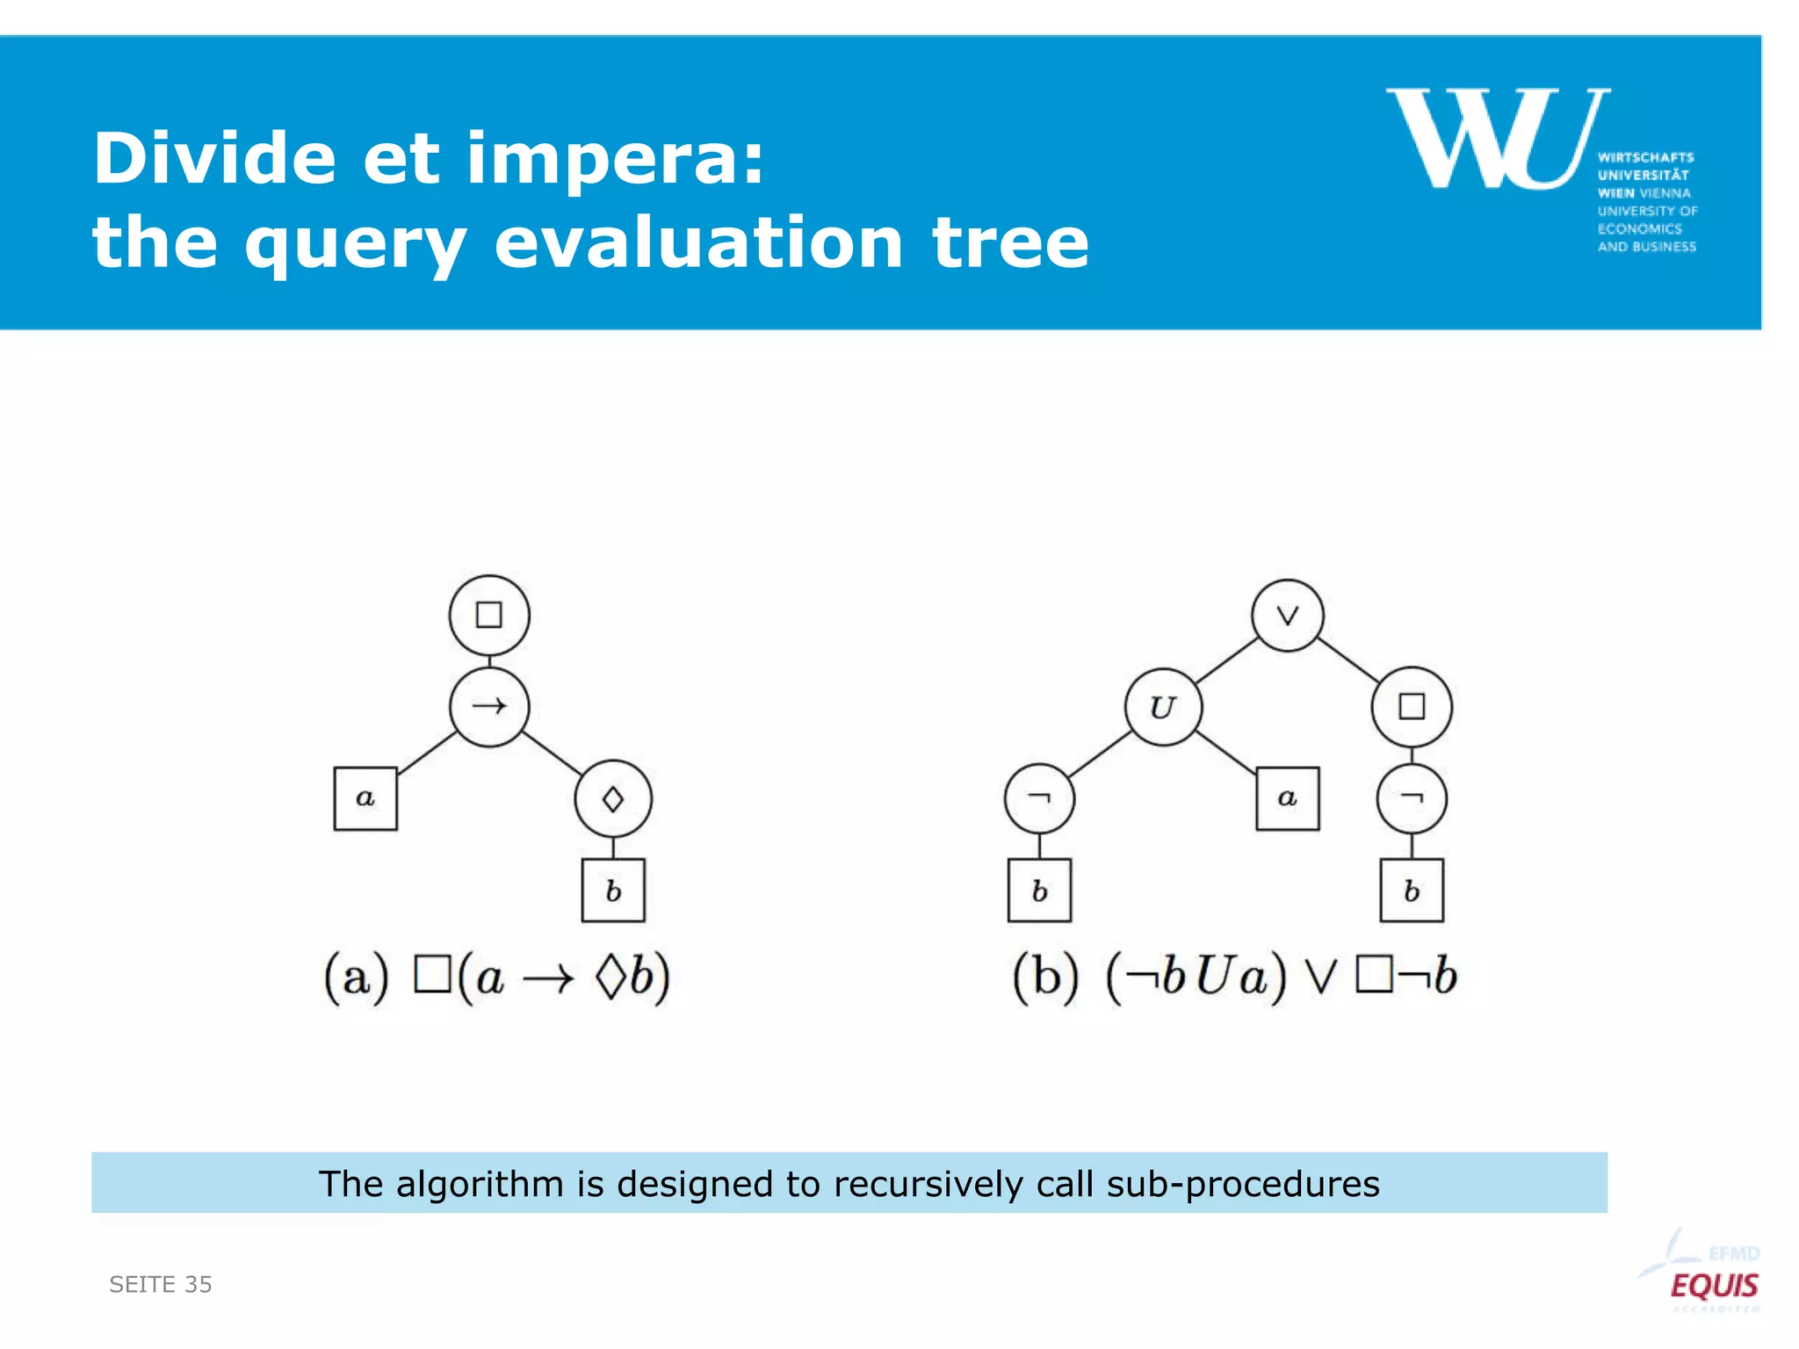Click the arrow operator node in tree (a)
pyautogui.click(x=489, y=706)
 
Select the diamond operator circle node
pyautogui.click(x=613, y=799)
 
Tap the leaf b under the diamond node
pyautogui.click(x=613, y=891)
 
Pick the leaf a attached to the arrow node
pyautogui.click(x=365, y=798)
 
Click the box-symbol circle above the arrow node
pyautogui.click(x=489, y=615)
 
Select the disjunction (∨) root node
pyautogui.click(x=1288, y=616)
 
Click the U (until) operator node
pyautogui.click(x=1163, y=707)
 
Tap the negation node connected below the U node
pyautogui.click(x=1039, y=798)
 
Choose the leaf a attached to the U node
pyautogui.click(x=1287, y=798)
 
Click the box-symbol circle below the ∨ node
pyautogui.click(x=1412, y=707)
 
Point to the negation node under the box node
pyautogui.click(x=1412, y=798)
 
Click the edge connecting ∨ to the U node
pyautogui.click(x=1227, y=660)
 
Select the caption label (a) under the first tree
pyautogui.click(x=356, y=977)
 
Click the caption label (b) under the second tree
pyautogui.click(x=1044, y=977)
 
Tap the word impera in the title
pyautogui.click(x=615, y=159)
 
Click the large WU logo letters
pyautogui.click(x=1498, y=139)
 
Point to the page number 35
pyautogui.click(x=199, y=1285)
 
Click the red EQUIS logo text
pyautogui.click(x=1714, y=1286)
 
